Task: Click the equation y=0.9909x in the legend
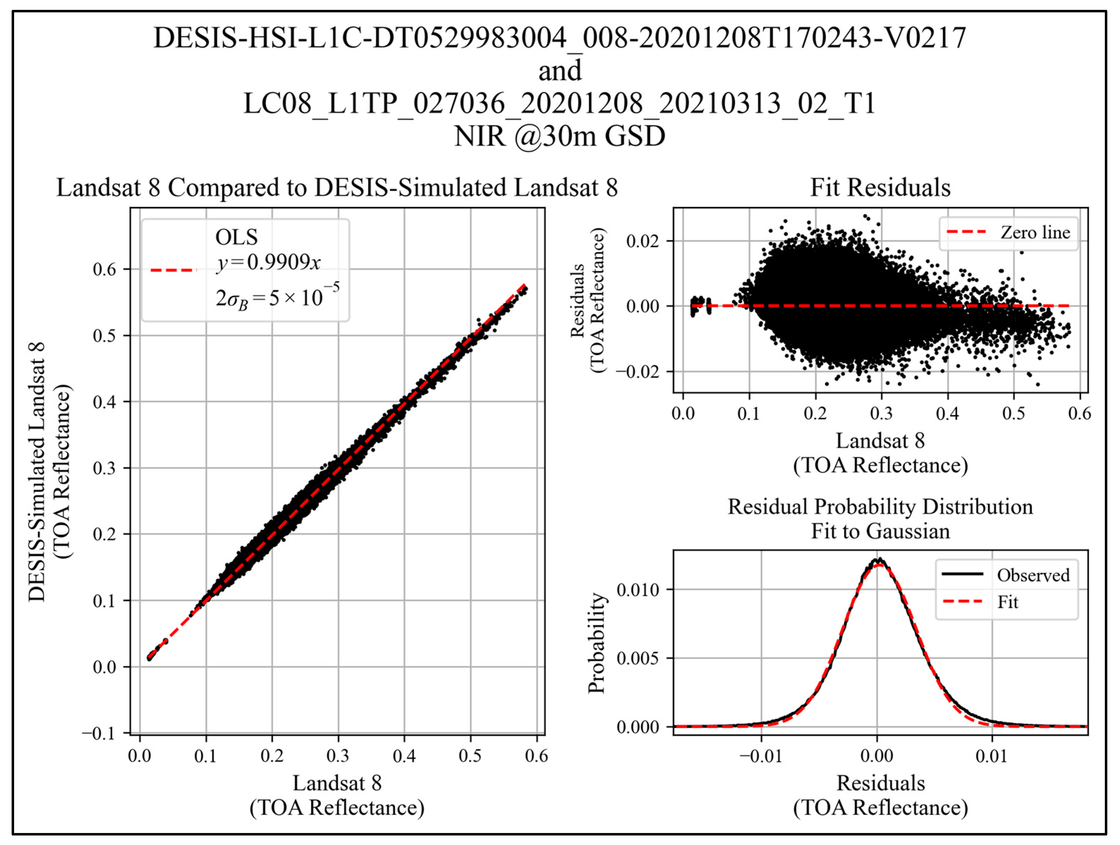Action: (x=268, y=262)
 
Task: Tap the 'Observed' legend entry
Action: (x=1033, y=575)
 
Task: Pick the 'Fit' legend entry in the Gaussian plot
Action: (x=1008, y=602)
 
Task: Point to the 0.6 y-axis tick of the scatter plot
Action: (x=104, y=269)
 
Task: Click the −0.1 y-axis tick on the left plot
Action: (x=100, y=733)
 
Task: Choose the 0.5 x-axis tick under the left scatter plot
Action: (x=470, y=756)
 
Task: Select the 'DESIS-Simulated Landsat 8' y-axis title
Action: (x=36, y=472)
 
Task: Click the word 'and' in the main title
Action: (x=559, y=71)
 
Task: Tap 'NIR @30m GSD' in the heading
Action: (x=559, y=136)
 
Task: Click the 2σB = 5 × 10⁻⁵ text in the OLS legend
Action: (x=277, y=297)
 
